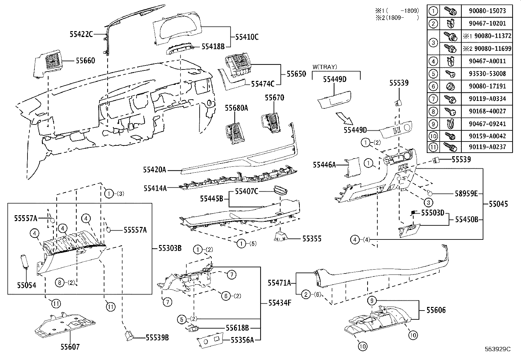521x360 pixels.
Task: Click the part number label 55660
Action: click(85, 61)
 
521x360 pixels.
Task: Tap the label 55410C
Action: click(247, 37)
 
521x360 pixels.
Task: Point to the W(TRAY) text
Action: click(324, 67)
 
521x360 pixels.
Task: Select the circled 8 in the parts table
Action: click(433, 111)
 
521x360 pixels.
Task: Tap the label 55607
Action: click(70, 346)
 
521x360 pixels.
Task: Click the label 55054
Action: click(27, 285)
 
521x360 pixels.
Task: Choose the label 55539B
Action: click(157, 337)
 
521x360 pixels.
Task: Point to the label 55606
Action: click(436, 310)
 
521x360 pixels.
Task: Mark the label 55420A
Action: click(154, 170)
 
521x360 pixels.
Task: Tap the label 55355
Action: click(312, 239)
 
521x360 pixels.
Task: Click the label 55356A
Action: click(242, 340)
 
